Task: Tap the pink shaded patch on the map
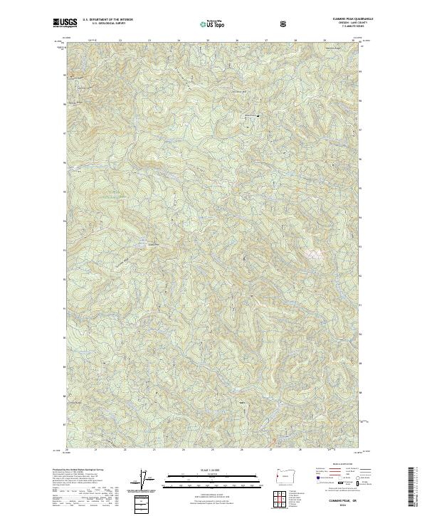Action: [312, 253]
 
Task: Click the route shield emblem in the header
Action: [284, 23]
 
